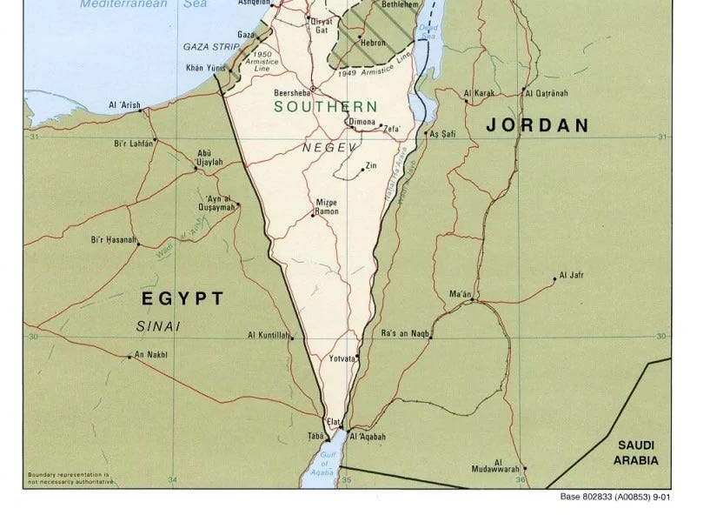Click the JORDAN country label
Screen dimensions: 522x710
coord(537,125)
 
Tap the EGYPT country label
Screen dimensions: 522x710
coord(182,298)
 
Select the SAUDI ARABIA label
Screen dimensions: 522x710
coord(637,452)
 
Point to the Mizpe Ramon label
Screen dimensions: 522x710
coord(326,206)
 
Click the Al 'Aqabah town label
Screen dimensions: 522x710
coord(366,437)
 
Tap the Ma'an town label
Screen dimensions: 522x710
coord(460,295)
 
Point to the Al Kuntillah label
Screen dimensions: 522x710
coord(268,335)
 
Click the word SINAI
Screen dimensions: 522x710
coord(157,325)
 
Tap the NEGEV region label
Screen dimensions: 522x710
coord(328,148)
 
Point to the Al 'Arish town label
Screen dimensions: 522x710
coord(123,105)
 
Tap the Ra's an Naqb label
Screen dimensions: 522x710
coord(406,334)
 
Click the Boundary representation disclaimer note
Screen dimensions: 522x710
coord(70,478)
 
